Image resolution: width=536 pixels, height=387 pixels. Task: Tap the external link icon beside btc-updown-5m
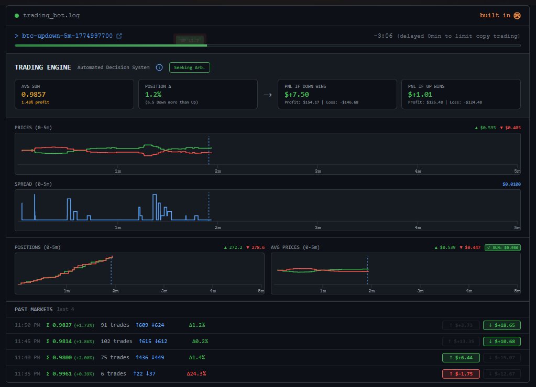tap(119, 36)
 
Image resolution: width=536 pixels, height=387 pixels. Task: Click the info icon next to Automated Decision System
tap(159, 67)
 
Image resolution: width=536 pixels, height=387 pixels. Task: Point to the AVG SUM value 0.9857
tap(34, 95)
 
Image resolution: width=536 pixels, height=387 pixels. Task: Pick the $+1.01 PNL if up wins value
tap(420, 95)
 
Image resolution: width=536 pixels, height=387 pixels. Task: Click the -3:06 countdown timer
tap(383, 36)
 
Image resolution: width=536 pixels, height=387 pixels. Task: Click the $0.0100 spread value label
tap(511, 184)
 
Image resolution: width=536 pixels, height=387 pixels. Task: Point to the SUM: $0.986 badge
tap(503, 247)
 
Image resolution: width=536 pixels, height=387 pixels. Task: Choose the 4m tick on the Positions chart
tap(213, 291)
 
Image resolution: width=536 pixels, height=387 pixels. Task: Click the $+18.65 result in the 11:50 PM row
tap(501, 325)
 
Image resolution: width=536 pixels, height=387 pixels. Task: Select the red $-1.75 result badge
tap(461, 374)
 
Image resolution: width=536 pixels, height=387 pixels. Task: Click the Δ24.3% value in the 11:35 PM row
tap(196, 374)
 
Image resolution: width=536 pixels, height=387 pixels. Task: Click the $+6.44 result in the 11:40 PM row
tap(461, 358)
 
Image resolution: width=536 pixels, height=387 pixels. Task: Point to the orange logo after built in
tap(517, 16)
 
